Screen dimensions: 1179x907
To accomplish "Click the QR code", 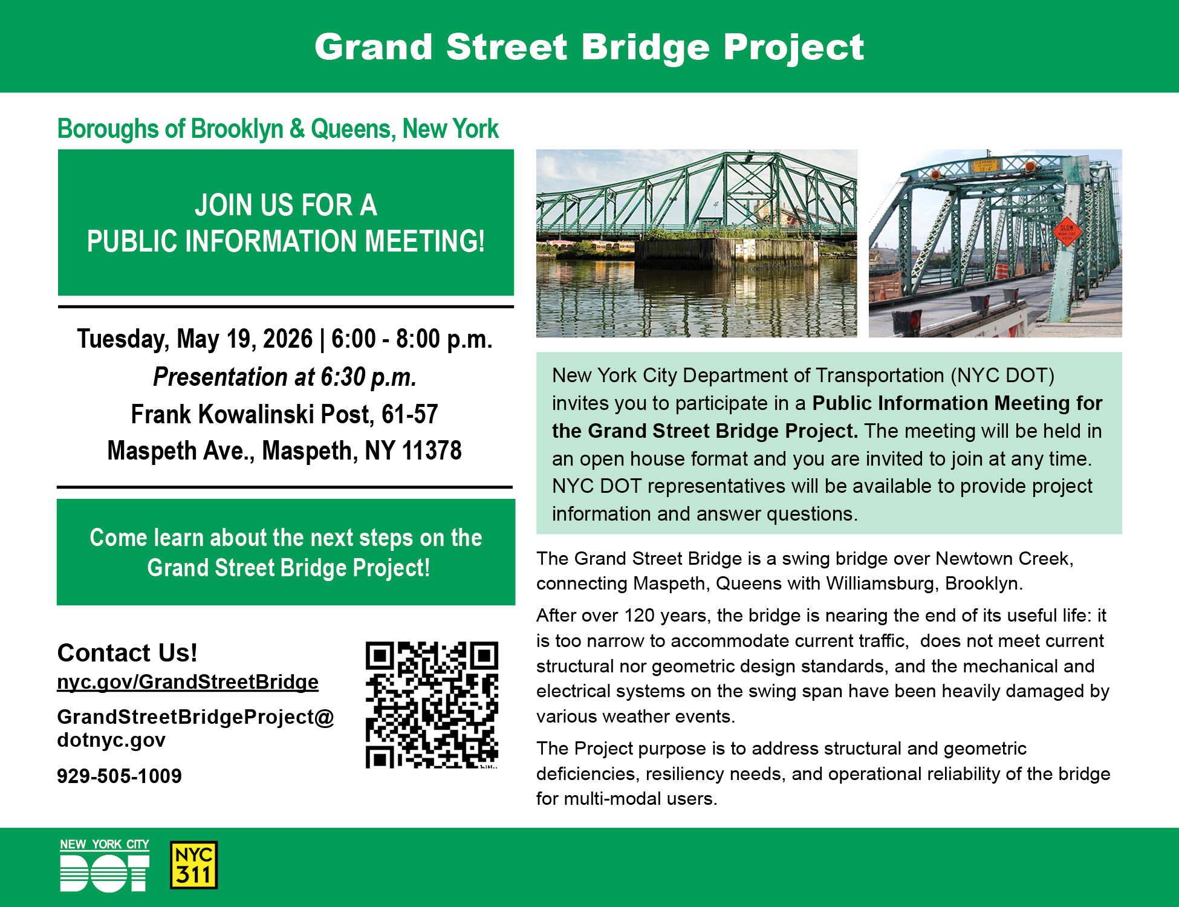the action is pos(432,705).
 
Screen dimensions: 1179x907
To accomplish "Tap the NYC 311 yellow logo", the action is pos(193,865).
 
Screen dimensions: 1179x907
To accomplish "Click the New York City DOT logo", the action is pos(105,865).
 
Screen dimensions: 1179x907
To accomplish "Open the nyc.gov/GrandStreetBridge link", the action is pos(187,682).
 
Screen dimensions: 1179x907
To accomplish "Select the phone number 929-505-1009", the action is pos(119,776).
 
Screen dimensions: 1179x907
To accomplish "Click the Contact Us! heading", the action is pos(127,652).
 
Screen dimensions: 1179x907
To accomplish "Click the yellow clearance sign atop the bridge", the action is pos(985,165).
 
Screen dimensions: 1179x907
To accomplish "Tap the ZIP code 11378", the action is pos(432,450).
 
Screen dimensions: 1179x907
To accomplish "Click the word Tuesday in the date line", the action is pos(123,339).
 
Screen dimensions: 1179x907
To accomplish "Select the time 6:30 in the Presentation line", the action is pos(343,377).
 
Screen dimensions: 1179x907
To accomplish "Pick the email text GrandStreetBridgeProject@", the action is pos(195,717).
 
